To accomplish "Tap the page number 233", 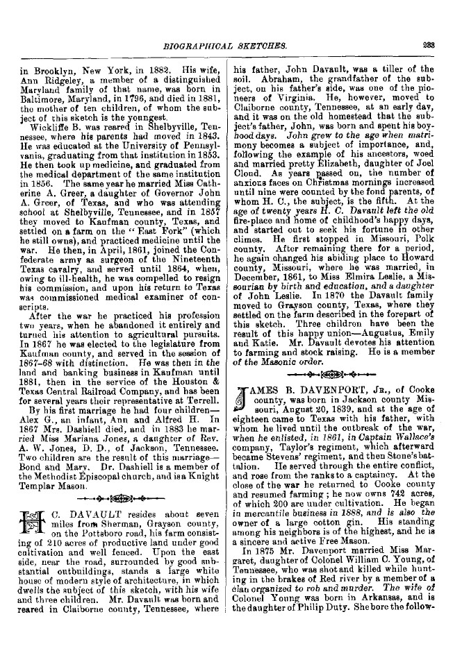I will tap(427, 46).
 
